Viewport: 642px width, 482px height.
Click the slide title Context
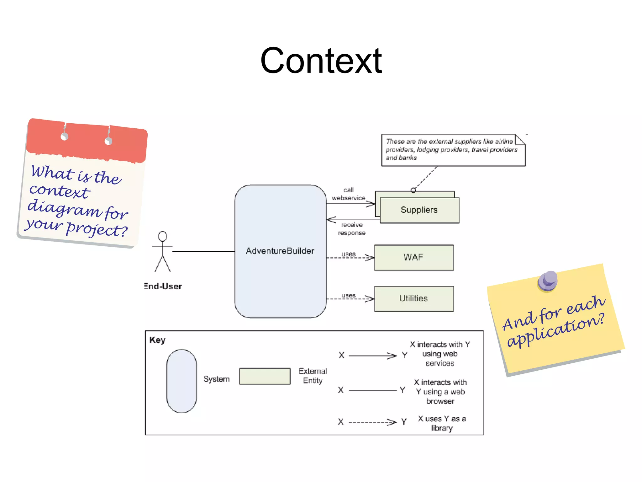point(321,61)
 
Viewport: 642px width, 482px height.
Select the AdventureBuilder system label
point(280,251)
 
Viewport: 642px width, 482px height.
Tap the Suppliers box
point(419,210)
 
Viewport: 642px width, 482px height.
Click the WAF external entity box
point(413,257)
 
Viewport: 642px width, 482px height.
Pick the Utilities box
point(413,298)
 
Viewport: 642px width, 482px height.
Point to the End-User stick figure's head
point(162,236)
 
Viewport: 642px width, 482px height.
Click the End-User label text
point(163,286)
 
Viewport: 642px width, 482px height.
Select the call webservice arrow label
point(348,194)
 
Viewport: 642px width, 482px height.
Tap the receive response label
point(351,229)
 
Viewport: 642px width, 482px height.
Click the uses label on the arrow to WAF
point(349,254)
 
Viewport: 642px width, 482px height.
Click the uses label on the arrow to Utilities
point(349,295)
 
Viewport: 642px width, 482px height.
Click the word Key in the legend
point(157,340)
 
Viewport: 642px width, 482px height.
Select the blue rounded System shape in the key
point(182,381)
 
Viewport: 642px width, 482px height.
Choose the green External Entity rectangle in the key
point(265,376)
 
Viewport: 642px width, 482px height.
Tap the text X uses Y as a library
point(442,423)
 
